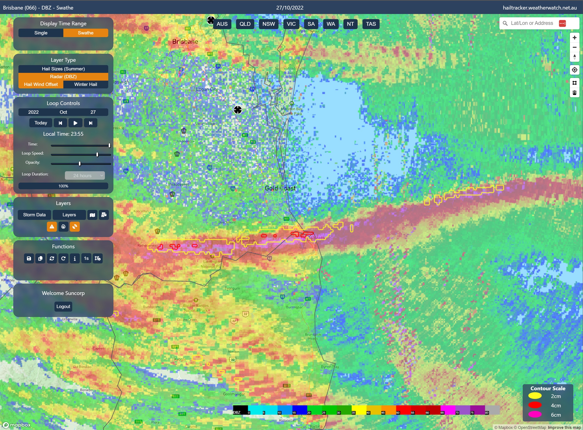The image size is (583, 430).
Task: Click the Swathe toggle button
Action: [85, 33]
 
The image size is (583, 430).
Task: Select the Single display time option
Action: [41, 33]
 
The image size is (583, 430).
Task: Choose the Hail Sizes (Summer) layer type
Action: [63, 69]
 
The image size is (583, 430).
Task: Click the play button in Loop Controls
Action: [75, 123]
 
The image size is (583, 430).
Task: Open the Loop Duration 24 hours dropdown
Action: [85, 176]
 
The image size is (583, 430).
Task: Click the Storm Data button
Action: [34, 215]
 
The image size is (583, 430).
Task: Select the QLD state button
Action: [245, 24]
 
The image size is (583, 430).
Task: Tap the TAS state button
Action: [371, 24]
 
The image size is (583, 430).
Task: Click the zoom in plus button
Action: [574, 38]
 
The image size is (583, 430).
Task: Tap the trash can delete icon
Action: [574, 93]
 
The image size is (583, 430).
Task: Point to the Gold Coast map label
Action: [280, 188]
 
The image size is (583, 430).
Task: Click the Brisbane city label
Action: [185, 42]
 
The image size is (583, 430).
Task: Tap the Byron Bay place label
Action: [330, 367]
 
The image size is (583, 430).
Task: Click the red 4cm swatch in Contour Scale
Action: [535, 405]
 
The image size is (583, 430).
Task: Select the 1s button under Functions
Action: [86, 259]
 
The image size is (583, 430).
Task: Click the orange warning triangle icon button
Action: [52, 227]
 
